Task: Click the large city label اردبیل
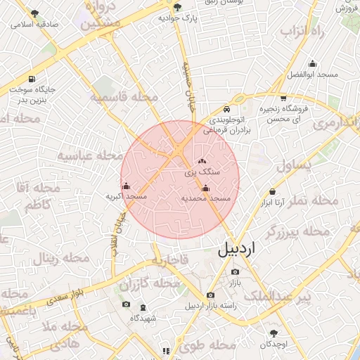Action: pyautogui.click(x=238, y=248)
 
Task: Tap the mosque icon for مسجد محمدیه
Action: pyautogui.click(x=205, y=188)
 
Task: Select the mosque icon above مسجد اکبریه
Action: pyautogui.click(x=126, y=186)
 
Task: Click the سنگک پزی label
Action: pyautogui.click(x=202, y=171)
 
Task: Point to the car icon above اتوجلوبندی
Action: pyautogui.click(x=226, y=110)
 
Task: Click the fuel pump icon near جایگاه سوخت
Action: pyautogui.click(x=32, y=79)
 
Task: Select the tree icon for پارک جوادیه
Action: pyautogui.click(x=176, y=7)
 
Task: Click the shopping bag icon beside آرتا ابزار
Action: pyautogui.click(x=272, y=192)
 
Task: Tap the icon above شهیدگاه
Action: pyautogui.click(x=143, y=307)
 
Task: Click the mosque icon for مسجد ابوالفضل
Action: pyautogui.click(x=312, y=63)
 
